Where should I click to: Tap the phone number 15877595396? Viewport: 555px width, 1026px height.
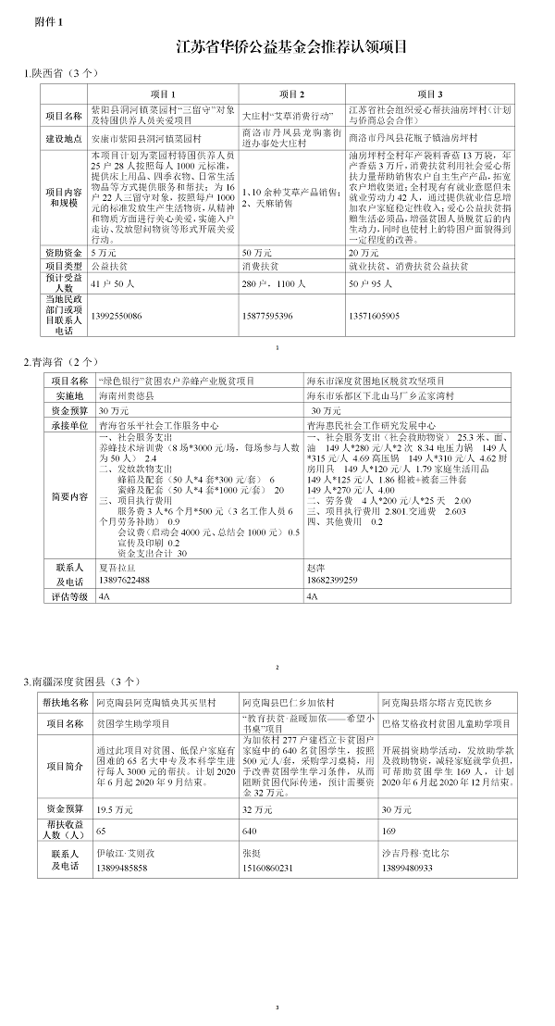pos(272,316)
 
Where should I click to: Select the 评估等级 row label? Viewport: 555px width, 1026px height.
pos(69,597)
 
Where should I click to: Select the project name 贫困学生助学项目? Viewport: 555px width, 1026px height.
pos(136,722)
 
